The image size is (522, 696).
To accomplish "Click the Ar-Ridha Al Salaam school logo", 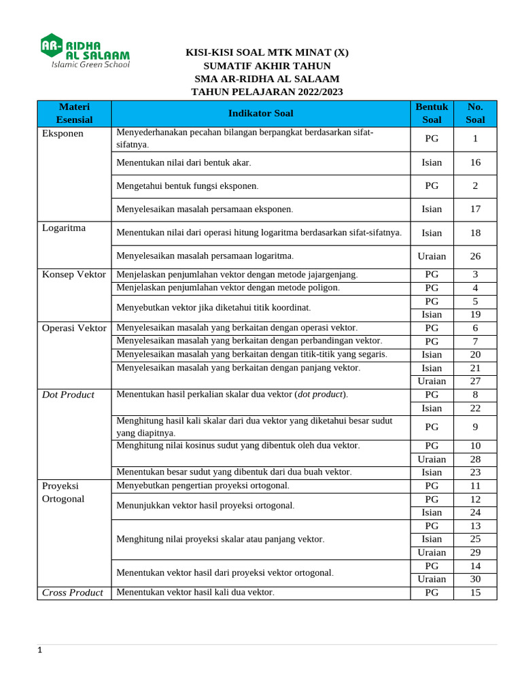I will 85,50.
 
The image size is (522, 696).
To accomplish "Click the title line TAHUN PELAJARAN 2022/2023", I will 266,92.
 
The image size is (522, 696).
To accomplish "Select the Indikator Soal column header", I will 260,114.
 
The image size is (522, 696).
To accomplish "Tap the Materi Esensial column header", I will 74,114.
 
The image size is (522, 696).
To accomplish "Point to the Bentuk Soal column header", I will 432,114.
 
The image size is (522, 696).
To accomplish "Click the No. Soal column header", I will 475,114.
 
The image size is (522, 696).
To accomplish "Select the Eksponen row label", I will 63,133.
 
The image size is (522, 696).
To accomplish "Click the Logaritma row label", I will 64,228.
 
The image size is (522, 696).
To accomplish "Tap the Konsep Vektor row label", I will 74,274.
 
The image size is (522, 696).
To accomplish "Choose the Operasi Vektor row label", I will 74,328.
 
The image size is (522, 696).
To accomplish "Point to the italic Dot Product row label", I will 68,394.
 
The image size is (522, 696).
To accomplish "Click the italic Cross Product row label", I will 72,593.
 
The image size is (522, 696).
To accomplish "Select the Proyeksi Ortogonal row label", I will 63,492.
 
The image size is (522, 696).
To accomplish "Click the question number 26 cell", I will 475,256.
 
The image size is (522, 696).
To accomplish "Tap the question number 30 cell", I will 475,579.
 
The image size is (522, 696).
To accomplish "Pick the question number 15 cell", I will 475,593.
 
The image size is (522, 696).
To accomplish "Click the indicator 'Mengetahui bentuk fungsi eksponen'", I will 187,186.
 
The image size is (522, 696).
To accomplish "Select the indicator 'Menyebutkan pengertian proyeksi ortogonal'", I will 203,485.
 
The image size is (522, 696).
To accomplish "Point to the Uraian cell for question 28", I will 432,459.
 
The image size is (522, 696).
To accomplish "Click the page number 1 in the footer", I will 39,650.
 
